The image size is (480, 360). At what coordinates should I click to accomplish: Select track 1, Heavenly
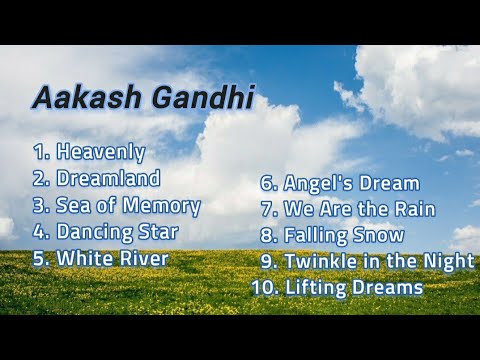coord(101,153)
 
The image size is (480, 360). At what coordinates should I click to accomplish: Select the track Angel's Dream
coord(351,184)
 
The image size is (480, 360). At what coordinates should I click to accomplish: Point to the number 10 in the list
coord(264,288)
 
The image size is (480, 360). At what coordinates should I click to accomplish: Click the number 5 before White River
coord(39,257)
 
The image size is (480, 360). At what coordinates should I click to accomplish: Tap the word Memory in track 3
coord(166,206)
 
